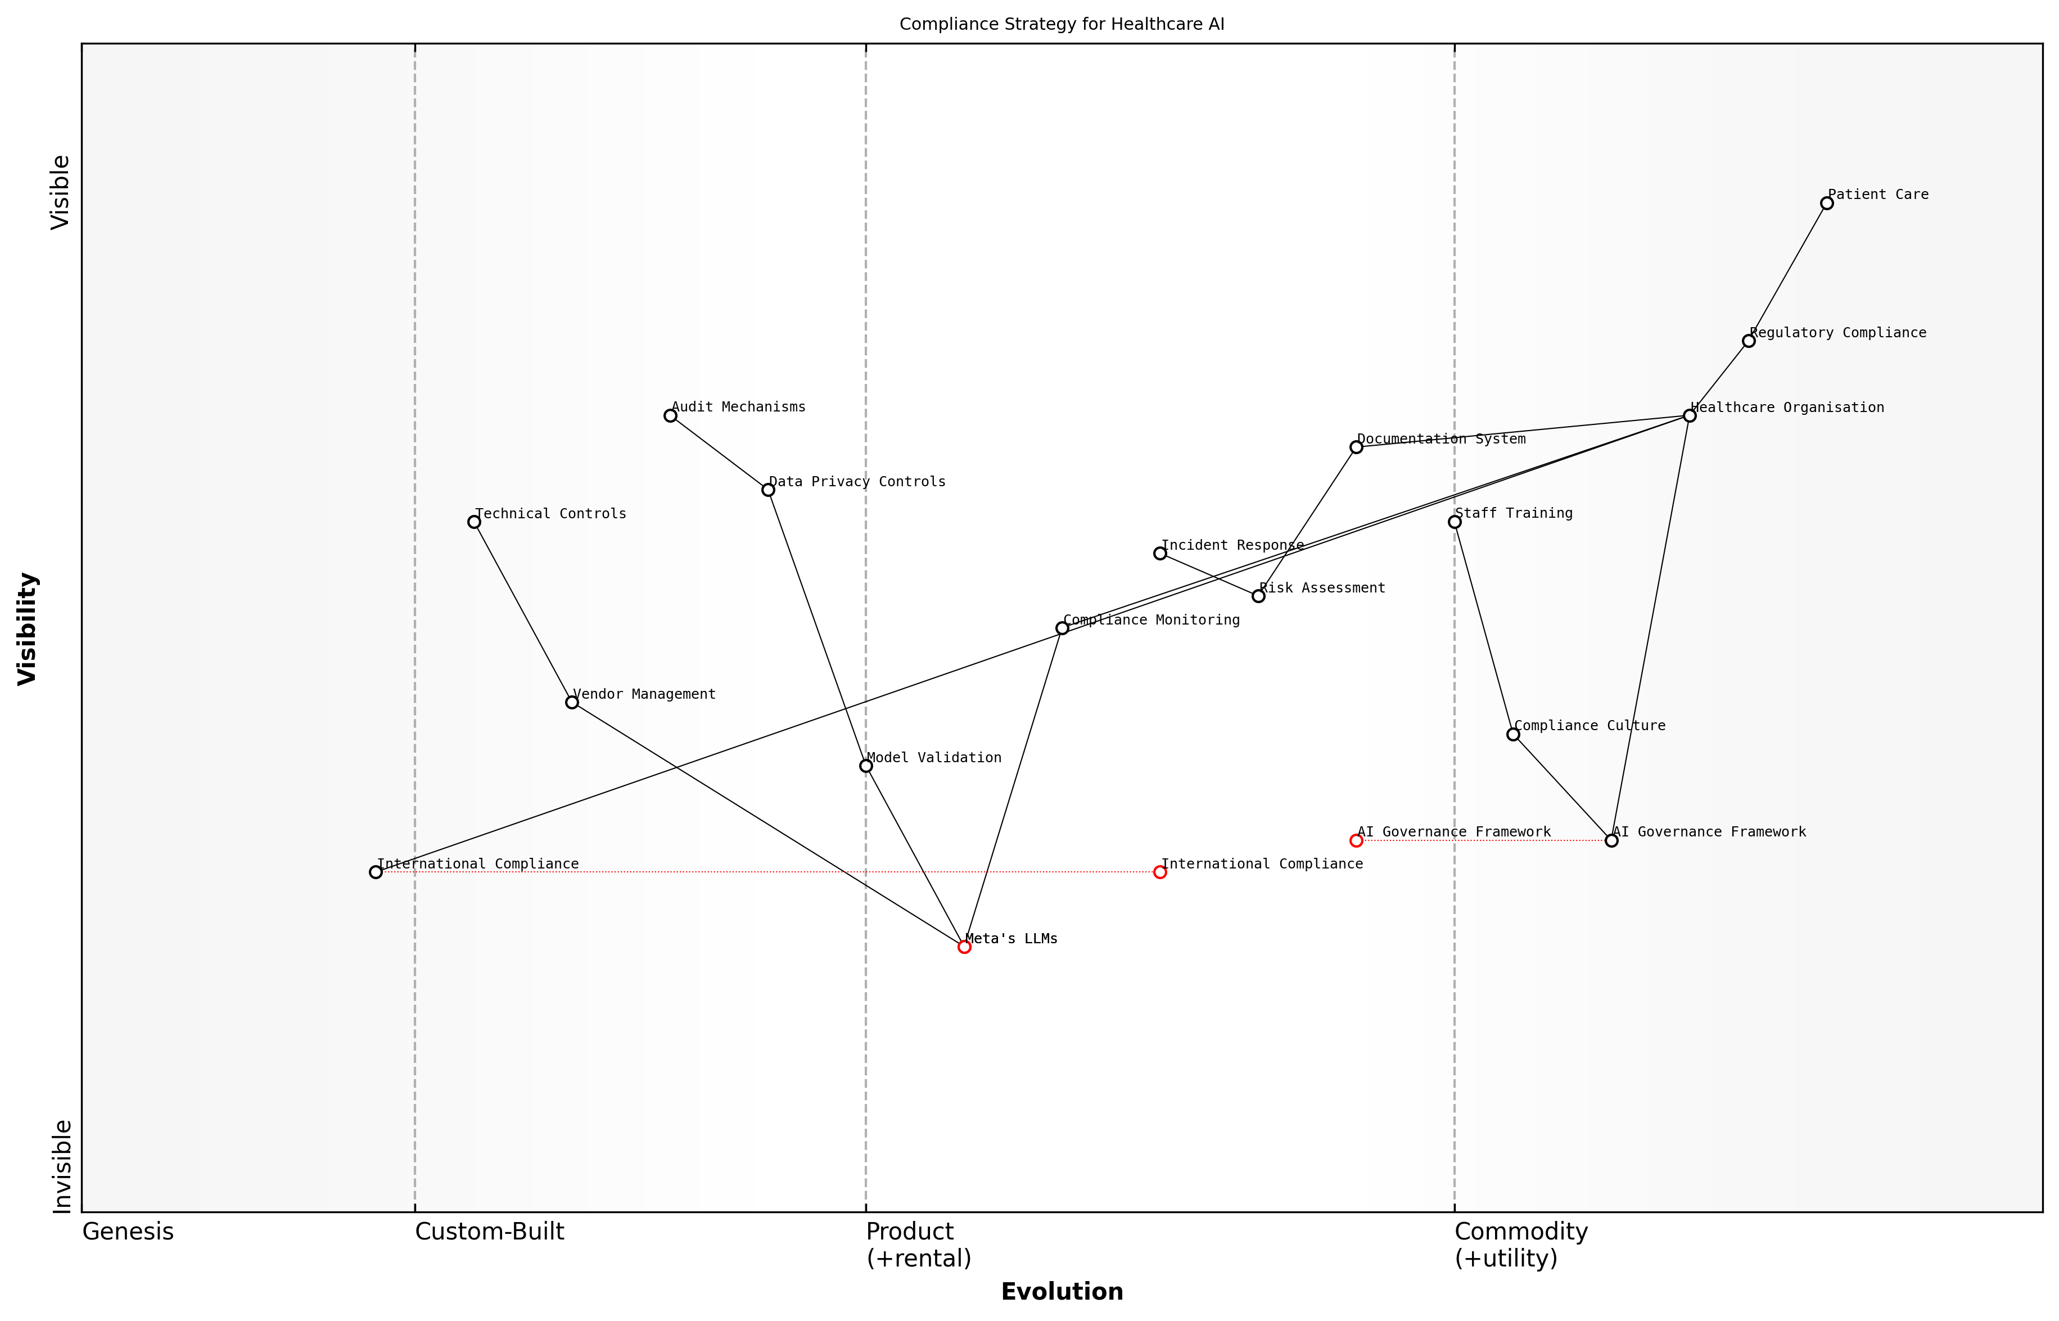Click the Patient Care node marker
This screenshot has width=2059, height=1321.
point(1826,203)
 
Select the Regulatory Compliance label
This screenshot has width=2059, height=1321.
point(1837,333)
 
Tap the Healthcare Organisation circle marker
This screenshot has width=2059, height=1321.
point(1689,416)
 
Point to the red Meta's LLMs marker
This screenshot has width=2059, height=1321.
point(964,947)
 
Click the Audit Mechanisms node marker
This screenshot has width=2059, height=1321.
point(670,416)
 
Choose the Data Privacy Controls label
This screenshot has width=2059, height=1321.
point(857,482)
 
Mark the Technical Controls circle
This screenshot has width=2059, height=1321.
point(473,522)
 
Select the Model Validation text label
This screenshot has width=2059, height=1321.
point(933,758)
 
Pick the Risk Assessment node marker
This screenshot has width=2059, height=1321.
point(1258,596)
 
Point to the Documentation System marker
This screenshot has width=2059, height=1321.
point(1356,447)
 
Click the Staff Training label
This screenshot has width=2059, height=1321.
point(1514,514)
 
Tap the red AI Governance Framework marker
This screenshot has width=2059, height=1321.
point(1356,840)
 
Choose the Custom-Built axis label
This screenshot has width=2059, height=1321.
point(490,1232)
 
